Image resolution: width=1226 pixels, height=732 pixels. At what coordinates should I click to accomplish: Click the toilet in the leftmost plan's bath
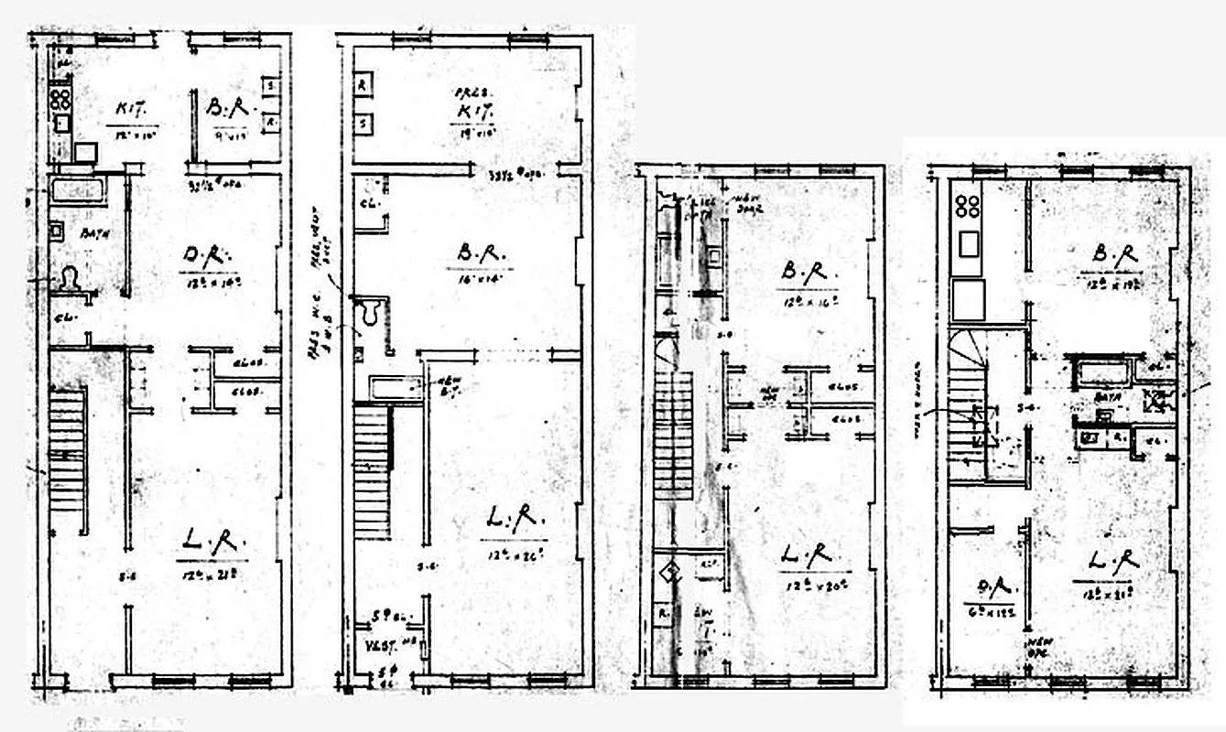[x=70, y=279]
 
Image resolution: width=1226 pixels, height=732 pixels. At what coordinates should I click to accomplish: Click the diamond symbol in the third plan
[x=672, y=574]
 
